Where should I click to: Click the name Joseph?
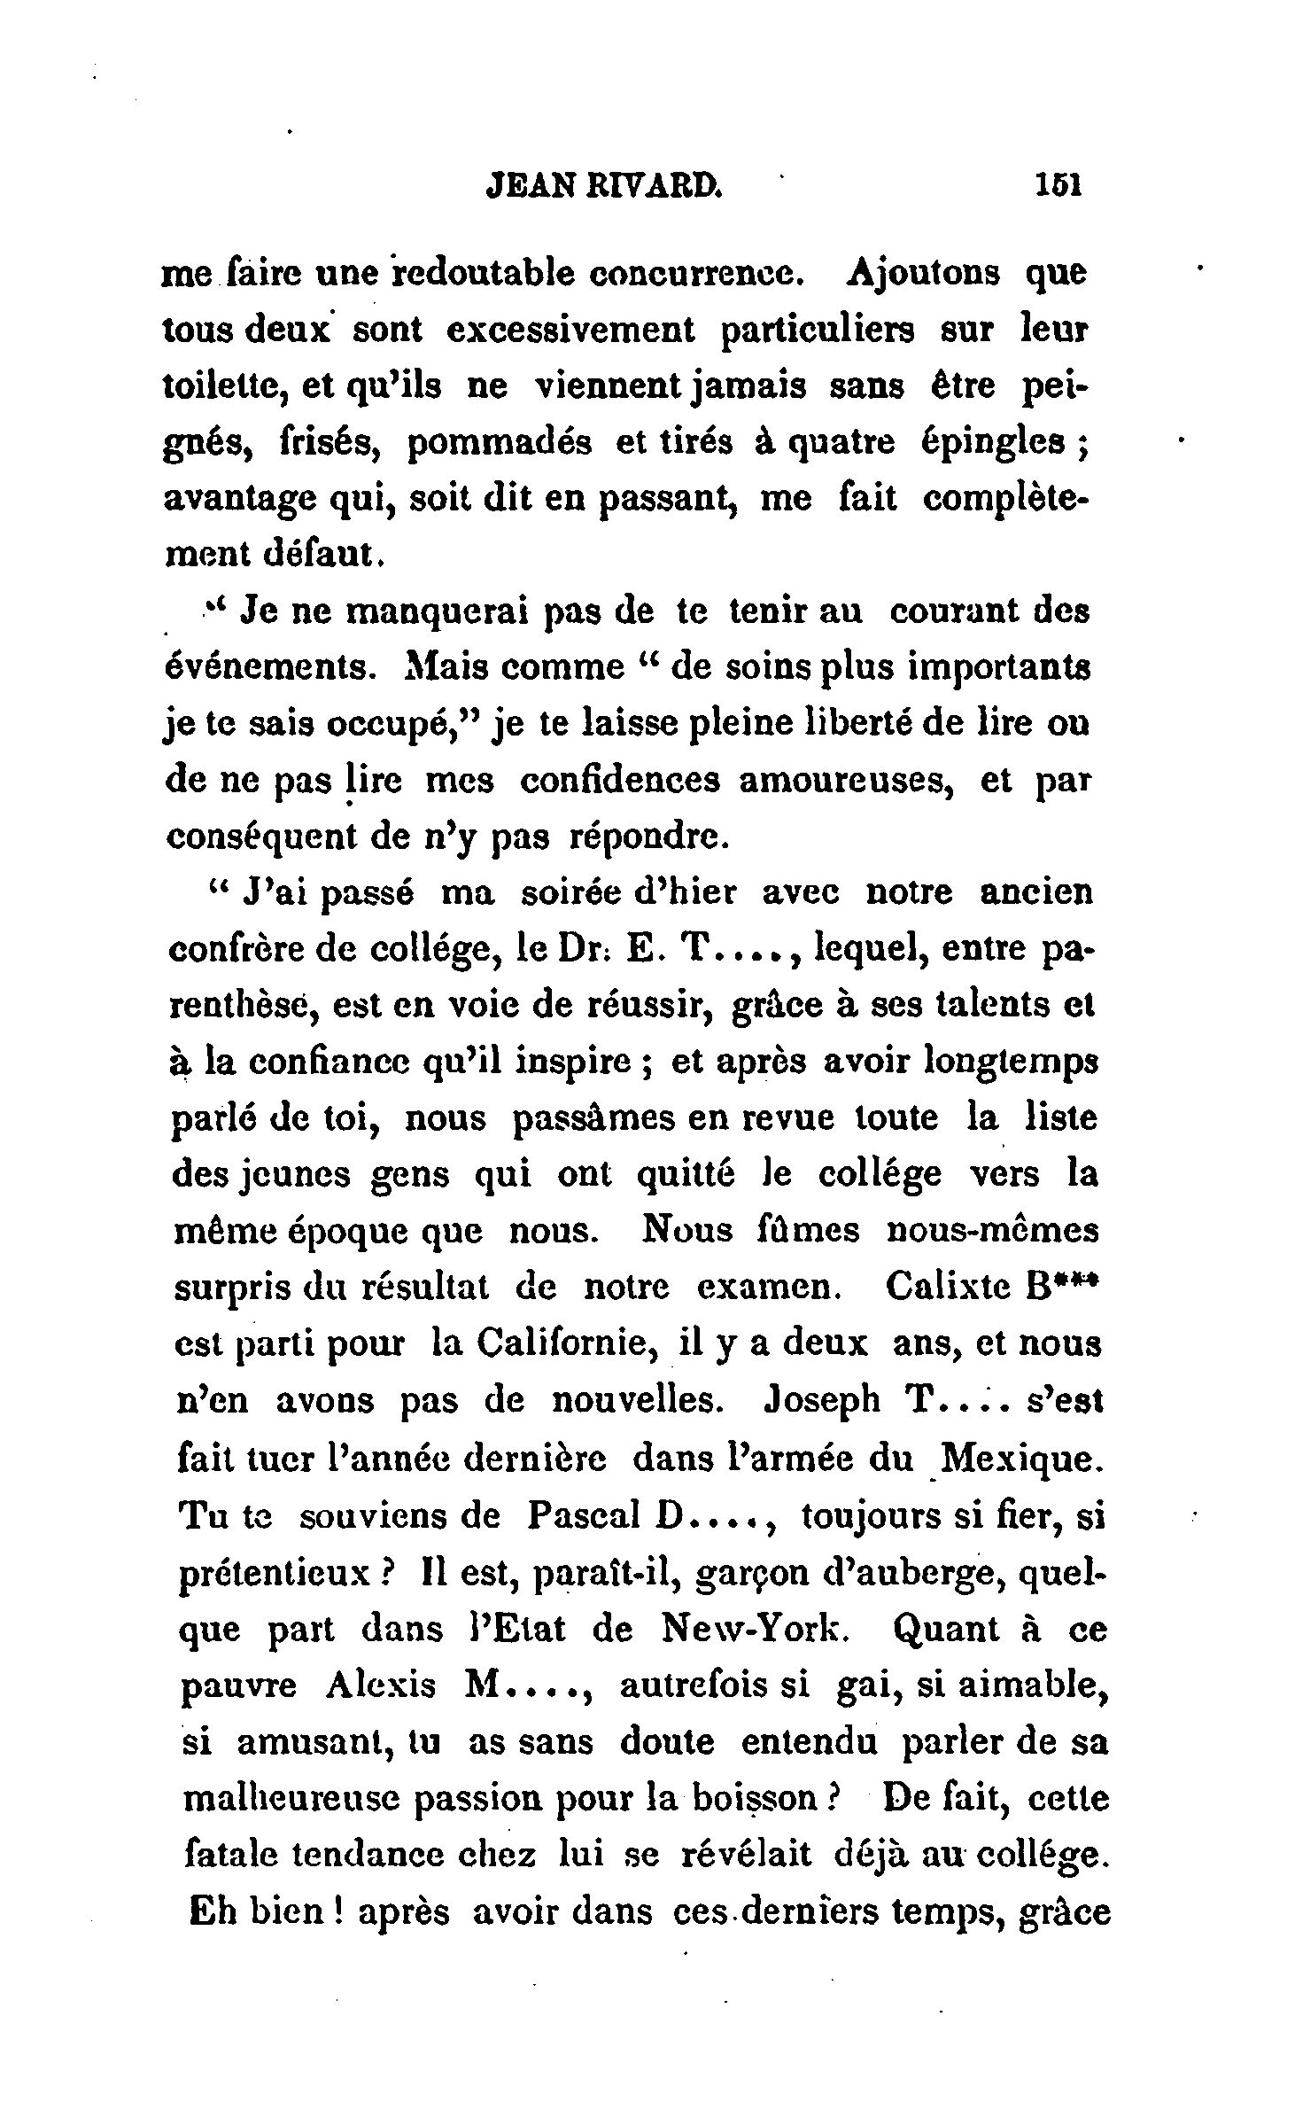(x=821, y=1401)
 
